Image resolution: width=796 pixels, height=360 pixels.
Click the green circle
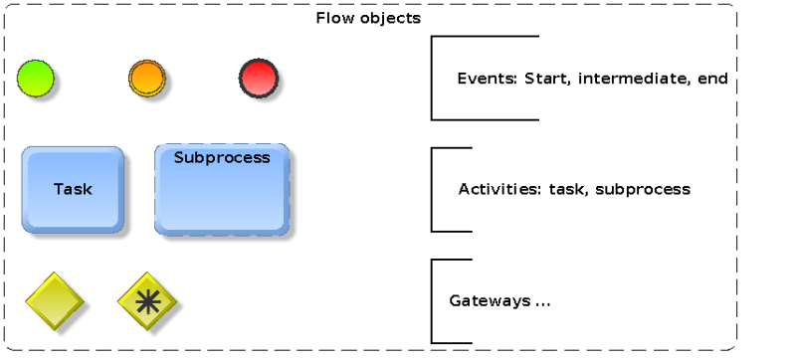coord(35,79)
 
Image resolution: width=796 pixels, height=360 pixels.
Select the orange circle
coord(146,78)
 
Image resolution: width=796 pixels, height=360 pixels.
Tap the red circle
coord(258,78)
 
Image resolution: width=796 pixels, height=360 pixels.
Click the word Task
coord(73,189)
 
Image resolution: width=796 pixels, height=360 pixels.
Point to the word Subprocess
coord(222,157)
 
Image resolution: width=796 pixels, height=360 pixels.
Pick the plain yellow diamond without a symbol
coord(54,300)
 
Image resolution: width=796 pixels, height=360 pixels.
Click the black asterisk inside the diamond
coord(146,300)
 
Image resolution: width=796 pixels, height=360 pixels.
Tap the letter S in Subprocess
coord(179,157)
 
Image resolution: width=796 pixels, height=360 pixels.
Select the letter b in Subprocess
coord(202,157)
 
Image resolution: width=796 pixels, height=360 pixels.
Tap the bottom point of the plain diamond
coord(54,328)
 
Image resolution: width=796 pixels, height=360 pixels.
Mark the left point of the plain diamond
coord(27,300)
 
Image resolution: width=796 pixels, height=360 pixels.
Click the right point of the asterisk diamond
coord(174,300)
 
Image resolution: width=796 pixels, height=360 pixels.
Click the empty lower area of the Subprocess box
coord(222,204)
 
